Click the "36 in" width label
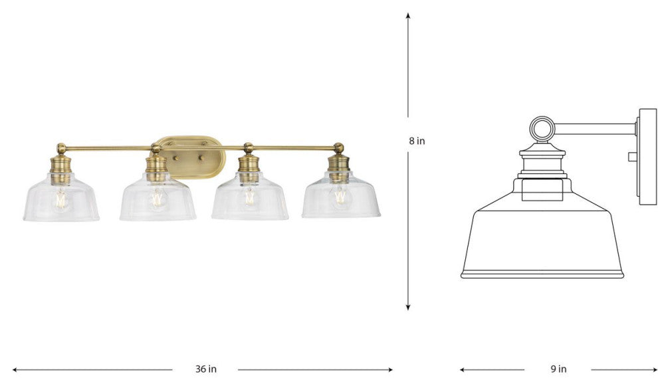point(206,369)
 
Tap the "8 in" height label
point(417,141)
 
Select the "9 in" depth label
point(558,369)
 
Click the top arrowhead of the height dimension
point(408,15)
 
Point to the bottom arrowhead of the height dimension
point(408,308)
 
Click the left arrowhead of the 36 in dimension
point(15,369)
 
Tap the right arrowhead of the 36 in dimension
point(389,369)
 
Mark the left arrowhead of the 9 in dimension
point(463,369)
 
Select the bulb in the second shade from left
point(158,199)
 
